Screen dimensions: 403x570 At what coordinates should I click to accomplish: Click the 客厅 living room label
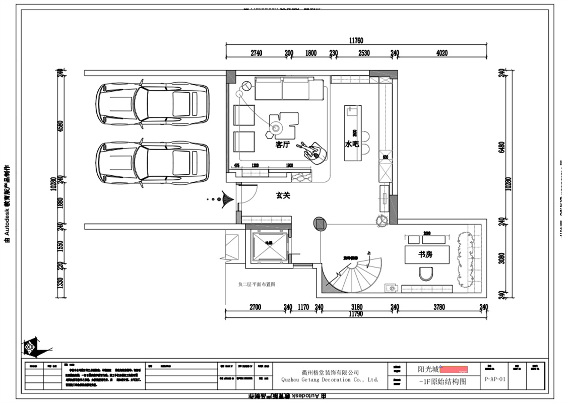282,144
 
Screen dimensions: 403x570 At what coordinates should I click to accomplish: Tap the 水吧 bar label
351,144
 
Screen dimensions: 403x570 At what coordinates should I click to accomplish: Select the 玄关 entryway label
283,195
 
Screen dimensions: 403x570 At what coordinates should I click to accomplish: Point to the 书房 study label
425,254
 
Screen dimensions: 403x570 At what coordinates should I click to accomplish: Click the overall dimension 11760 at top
356,41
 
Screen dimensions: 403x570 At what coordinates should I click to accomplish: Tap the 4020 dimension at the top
441,53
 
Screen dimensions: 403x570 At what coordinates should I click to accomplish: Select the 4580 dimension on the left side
61,126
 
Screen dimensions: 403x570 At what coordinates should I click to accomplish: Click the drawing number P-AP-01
494,379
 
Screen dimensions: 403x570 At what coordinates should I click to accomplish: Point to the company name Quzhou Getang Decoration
330,380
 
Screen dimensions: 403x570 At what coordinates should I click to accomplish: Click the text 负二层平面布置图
257,285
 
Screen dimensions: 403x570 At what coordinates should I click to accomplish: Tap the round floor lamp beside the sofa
246,86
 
